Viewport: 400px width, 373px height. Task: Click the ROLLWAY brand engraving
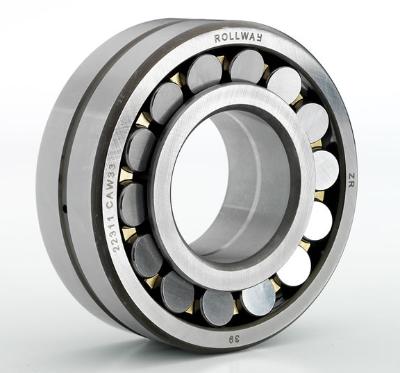[x=238, y=38]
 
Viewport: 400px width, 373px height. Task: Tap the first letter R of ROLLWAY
[x=217, y=39]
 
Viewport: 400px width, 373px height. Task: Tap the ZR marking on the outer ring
[x=351, y=180]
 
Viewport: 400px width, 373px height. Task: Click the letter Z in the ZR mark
[x=351, y=176]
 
